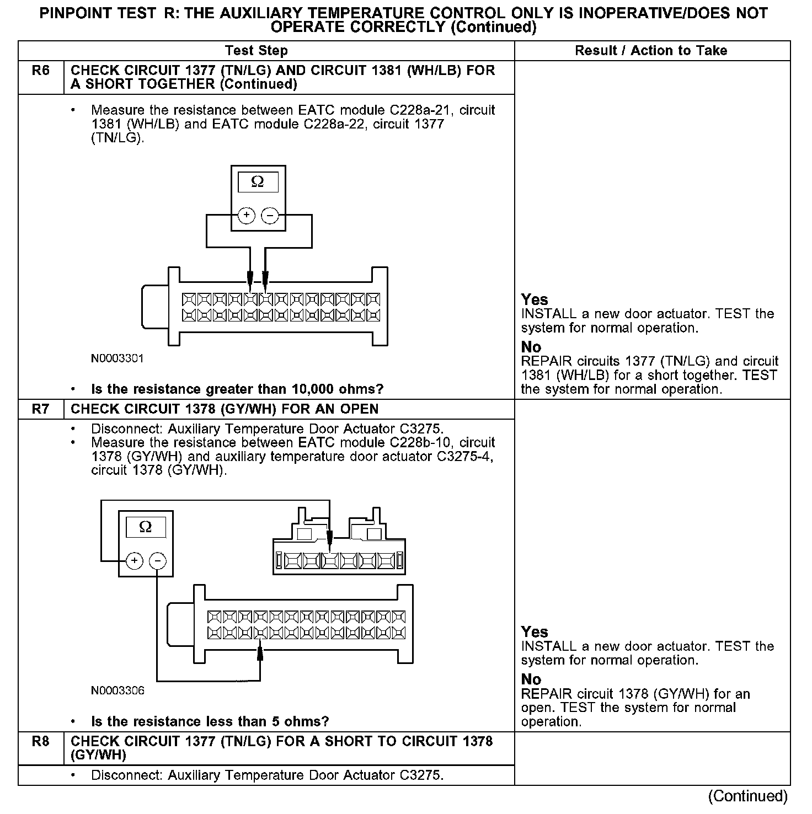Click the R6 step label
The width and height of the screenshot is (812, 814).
(x=41, y=71)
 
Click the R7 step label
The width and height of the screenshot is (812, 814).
(x=41, y=409)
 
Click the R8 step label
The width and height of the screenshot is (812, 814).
(x=41, y=742)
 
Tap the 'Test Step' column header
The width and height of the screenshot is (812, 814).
(x=256, y=51)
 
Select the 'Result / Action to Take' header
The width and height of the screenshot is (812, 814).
(x=651, y=51)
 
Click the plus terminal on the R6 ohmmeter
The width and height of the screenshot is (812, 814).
(x=246, y=216)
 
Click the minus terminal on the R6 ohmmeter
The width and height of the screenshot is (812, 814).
(x=270, y=216)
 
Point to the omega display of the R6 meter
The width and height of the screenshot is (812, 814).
(x=258, y=182)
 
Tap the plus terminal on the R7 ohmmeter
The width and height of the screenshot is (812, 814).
(x=135, y=561)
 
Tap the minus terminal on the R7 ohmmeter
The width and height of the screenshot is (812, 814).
(x=158, y=561)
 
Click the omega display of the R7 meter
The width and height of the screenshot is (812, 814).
(x=146, y=527)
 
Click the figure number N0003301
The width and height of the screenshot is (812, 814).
(x=117, y=358)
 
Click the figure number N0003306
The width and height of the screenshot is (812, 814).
(x=117, y=690)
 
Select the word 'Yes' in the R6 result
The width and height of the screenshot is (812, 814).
(x=535, y=299)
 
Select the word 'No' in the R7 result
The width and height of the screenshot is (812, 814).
(x=531, y=679)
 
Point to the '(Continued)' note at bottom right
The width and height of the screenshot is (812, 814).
(x=748, y=796)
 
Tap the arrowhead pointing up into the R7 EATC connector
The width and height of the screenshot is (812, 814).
(x=260, y=654)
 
